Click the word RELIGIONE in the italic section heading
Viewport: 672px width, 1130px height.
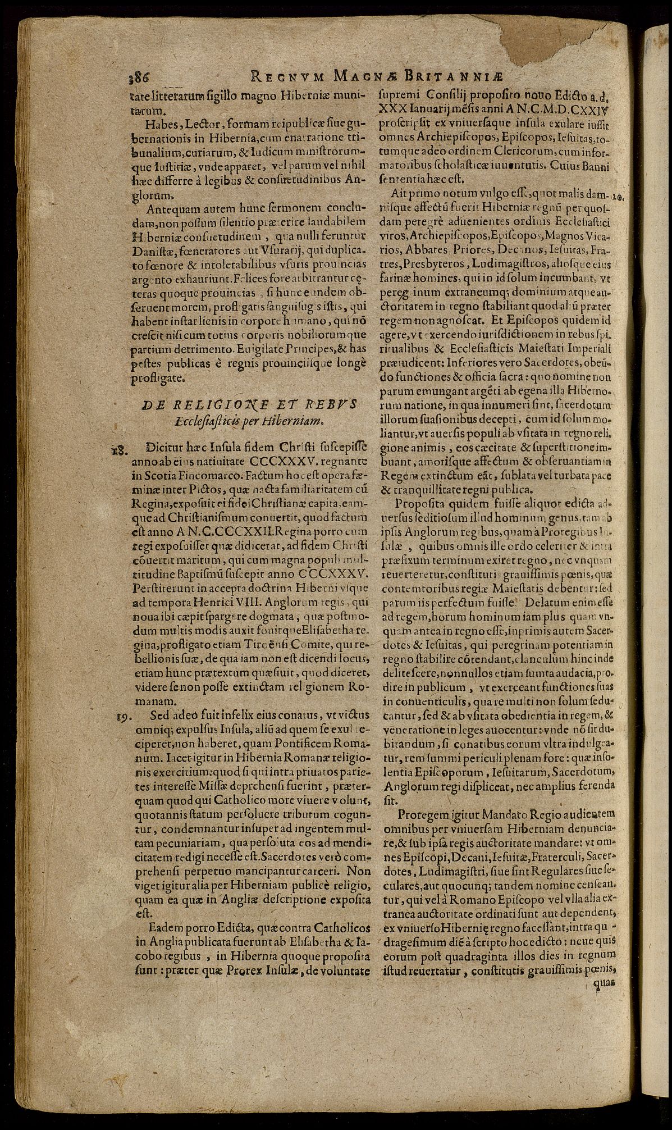point(209,406)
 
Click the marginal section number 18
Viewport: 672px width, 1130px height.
point(120,450)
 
